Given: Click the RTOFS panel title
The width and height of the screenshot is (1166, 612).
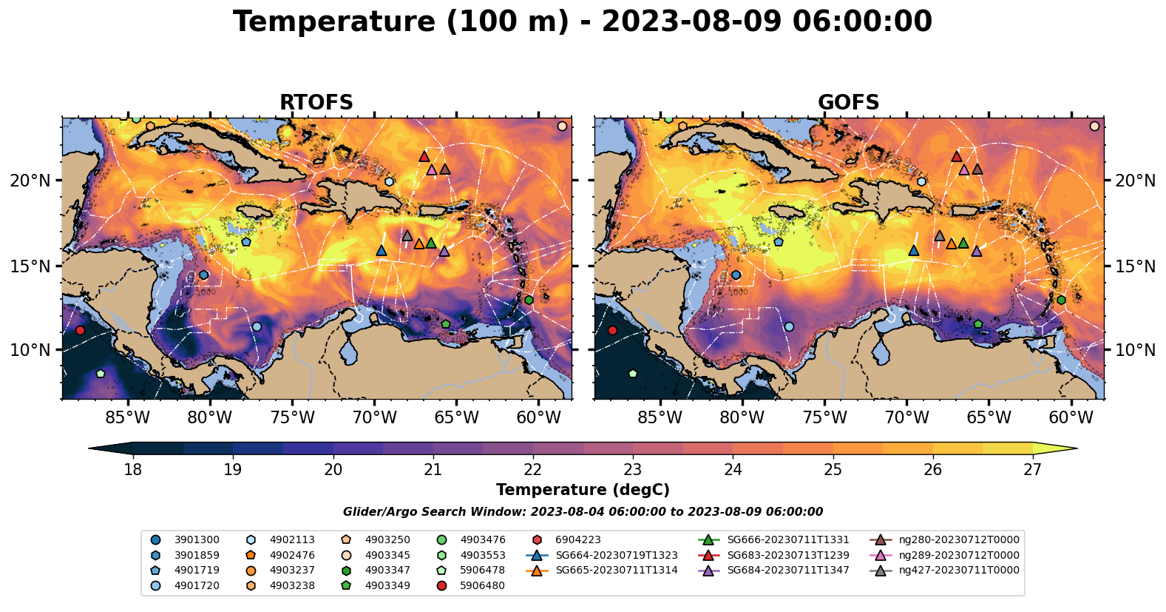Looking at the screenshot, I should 316,103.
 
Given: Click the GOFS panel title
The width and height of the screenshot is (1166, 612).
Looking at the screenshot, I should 848,103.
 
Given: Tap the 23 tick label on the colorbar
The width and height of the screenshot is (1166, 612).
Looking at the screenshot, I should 632,470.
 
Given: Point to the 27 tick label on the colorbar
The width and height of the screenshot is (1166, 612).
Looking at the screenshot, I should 1032,470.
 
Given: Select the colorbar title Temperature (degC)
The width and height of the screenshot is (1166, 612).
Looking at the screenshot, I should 583,490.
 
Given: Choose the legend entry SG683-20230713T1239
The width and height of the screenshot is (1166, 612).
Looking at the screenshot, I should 788,555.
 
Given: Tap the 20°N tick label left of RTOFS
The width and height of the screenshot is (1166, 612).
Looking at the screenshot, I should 30,181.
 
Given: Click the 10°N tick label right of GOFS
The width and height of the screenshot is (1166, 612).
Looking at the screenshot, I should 1135,350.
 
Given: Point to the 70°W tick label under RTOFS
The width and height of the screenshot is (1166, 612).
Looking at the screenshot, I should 374,418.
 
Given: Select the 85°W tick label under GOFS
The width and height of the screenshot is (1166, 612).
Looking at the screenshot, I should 660,418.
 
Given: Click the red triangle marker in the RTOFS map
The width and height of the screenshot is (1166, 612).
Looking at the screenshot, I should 424,156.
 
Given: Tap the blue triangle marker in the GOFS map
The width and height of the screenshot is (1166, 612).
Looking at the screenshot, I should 914,251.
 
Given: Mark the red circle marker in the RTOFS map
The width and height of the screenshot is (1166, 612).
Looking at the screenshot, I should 80,330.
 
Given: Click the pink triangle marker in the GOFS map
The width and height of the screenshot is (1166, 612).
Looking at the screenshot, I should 964,170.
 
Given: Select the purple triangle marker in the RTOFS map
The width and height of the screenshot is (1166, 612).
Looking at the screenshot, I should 444,251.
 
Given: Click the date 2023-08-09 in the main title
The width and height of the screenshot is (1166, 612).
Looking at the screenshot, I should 691,22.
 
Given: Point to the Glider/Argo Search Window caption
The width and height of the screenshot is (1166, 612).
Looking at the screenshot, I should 583,512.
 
